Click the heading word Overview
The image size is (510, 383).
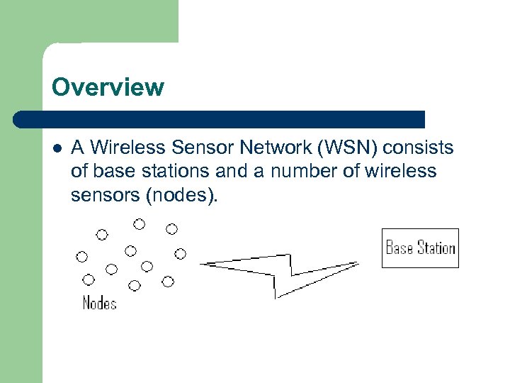point(108,87)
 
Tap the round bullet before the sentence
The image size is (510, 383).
point(57,148)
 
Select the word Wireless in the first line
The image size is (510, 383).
point(126,148)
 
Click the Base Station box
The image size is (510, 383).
point(420,248)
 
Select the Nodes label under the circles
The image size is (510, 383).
point(99,303)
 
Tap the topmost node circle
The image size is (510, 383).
point(140,224)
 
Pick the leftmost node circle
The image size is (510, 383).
point(82,256)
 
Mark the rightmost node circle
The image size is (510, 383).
point(180,253)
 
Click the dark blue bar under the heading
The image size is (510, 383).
point(220,119)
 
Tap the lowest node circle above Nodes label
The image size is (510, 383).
point(135,285)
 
